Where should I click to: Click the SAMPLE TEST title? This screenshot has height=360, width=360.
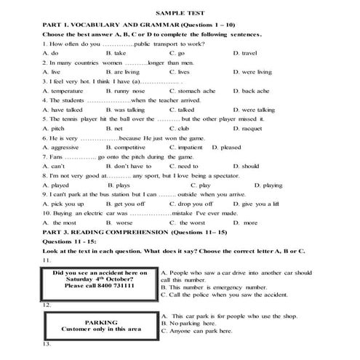point(179,13)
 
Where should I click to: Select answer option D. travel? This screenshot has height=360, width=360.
point(248,53)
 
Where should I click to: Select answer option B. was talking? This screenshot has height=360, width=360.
point(123,109)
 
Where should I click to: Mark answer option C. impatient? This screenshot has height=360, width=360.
point(186,147)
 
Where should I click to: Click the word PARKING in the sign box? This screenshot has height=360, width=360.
point(101,321)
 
